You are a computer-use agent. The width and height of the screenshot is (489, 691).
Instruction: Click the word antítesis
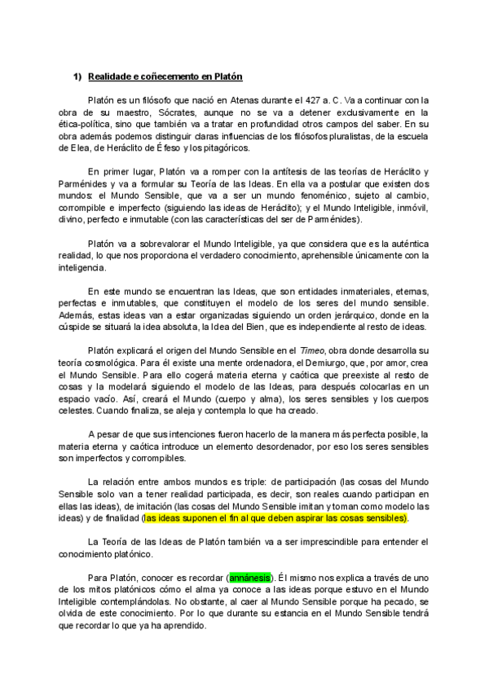pyautogui.click(x=257, y=173)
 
